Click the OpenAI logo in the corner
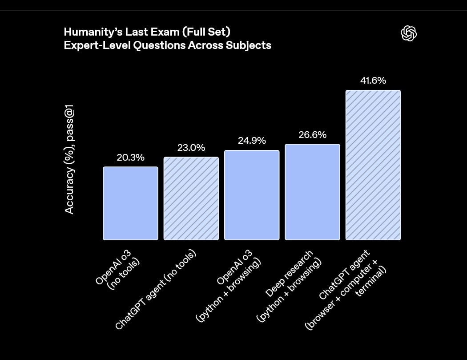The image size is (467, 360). (x=408, y=33)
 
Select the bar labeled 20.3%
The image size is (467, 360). (x=130, y=203)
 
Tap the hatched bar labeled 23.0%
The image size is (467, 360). (x=191, y=198)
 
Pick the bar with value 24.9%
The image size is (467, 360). (x=252, y=195)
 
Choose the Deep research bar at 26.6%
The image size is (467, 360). (x=312, y=192)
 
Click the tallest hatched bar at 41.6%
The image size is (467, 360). (x=373, y=165)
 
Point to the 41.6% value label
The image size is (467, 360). (x=373, y=81)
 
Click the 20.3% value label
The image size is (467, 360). (x=130, y=158)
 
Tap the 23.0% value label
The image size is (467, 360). (x=191, y=148)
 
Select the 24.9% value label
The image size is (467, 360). (x=252, y=141)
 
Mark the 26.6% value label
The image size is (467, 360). (x=312, y=134)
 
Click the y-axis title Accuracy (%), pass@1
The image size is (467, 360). (x=69, y=159)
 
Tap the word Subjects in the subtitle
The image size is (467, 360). (x=252, y=45)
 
